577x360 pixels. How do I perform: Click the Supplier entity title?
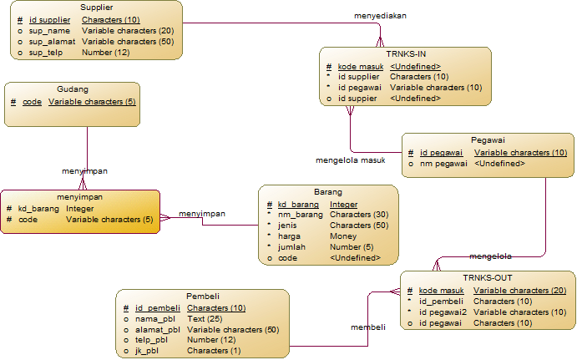(97, 7)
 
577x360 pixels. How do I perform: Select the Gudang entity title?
(72, 89)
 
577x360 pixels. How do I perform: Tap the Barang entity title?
(327, 191)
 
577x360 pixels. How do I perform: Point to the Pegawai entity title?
(487, 139)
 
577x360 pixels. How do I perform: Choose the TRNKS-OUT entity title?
(487, 277)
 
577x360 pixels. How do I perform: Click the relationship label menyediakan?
(381, 16)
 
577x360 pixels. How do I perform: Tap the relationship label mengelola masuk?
(350, 160)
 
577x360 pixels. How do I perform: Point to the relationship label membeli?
(367, 327)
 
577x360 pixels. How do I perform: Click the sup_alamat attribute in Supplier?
(52, 41)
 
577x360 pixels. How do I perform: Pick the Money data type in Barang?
(343, 236)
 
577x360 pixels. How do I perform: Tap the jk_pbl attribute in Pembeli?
(147, 351)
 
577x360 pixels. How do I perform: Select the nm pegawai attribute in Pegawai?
(442, 164)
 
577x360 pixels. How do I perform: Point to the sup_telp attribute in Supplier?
(47, 53)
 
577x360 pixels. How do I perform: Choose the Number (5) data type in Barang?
(352, 247)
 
